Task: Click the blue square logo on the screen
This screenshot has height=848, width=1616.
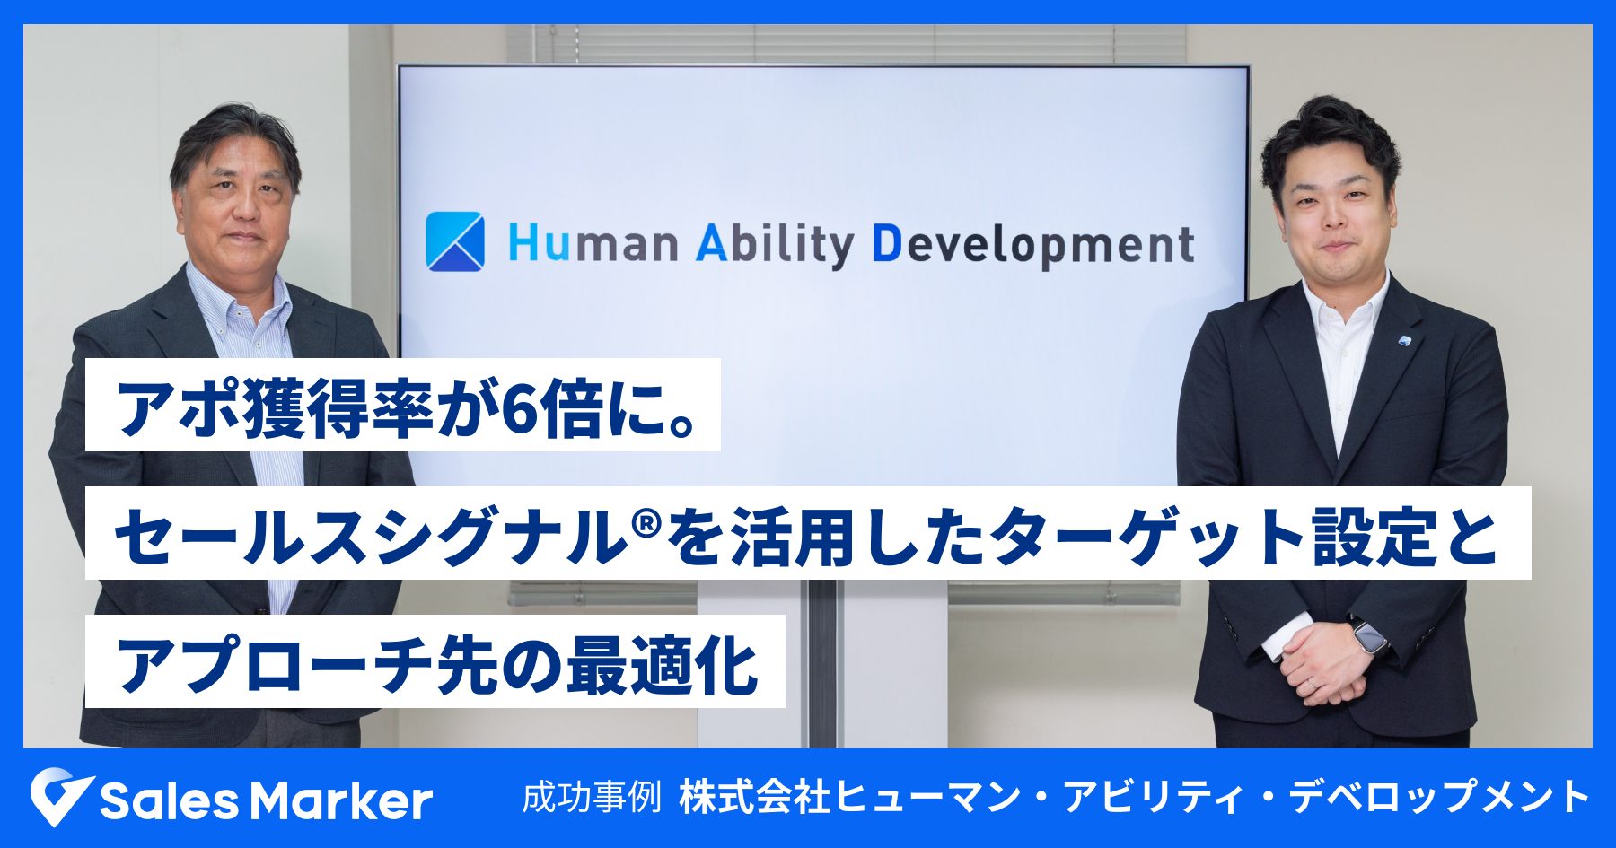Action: tap(454, 241)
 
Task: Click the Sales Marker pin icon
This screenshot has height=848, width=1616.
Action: tap(59, 796)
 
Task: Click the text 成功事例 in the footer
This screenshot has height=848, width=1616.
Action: tap(592, 797)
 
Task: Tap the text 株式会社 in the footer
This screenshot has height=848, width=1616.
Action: tap(755, 797)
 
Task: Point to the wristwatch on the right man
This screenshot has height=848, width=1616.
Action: tap(1369, 637)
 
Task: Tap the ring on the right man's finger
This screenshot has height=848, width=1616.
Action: tap(1312, 684)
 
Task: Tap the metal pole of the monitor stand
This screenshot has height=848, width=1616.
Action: tap(821, 664)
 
